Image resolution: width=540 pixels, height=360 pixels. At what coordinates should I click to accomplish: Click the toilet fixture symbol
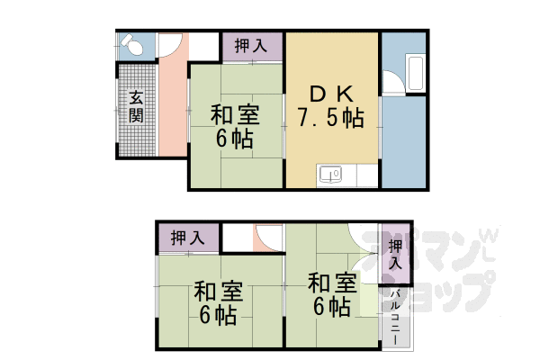point(131,44)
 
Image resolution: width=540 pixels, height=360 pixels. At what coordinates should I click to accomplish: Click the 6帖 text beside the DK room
point(235,140)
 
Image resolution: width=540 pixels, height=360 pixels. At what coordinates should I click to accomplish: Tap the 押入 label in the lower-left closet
point(187,238)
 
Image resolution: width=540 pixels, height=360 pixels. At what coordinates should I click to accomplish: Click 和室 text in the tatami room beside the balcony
point(331,283)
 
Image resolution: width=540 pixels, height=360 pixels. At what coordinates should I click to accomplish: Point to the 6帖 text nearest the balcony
point(331,307)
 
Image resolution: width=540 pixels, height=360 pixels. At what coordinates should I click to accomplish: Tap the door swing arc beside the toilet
point(169,45)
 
